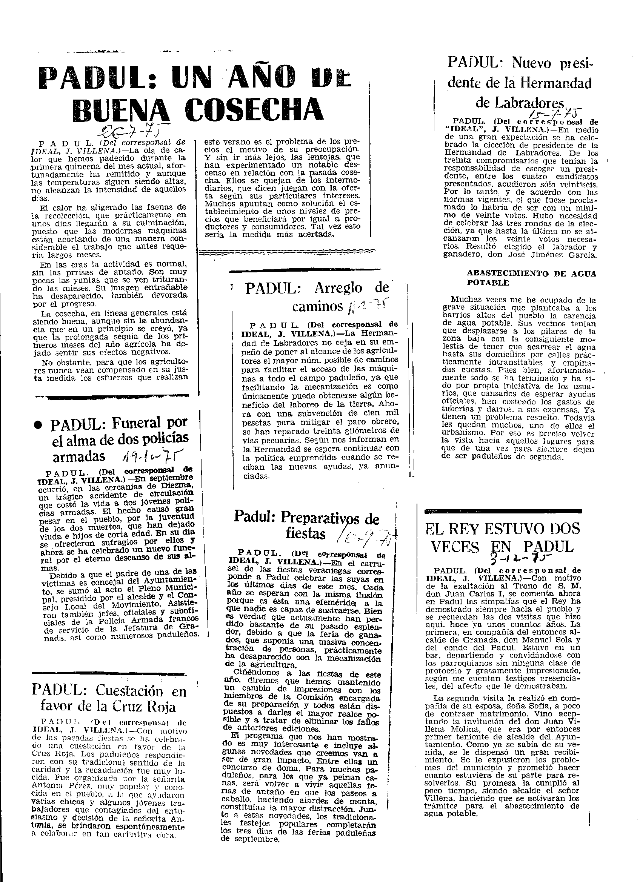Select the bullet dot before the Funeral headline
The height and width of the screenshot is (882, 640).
point(38,425)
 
